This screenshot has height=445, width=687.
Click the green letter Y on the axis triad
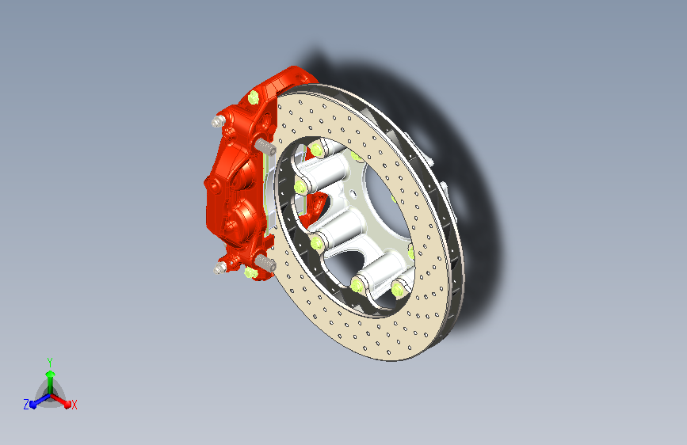coord(50,363)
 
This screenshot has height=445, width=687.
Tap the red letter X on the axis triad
coord(74,405)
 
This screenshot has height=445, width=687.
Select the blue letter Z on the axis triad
coord(26,405)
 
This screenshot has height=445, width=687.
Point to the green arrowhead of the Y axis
coord(51,375)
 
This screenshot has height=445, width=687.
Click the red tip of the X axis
coord(67,405)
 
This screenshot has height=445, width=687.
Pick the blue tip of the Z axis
coord(34,405)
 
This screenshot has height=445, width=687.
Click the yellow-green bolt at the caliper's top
coord(254,97)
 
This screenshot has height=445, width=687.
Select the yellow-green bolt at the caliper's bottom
coord(250,273)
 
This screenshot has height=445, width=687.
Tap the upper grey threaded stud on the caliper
coord(265,146)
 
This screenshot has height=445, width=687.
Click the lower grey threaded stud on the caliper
coord(265,263)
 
